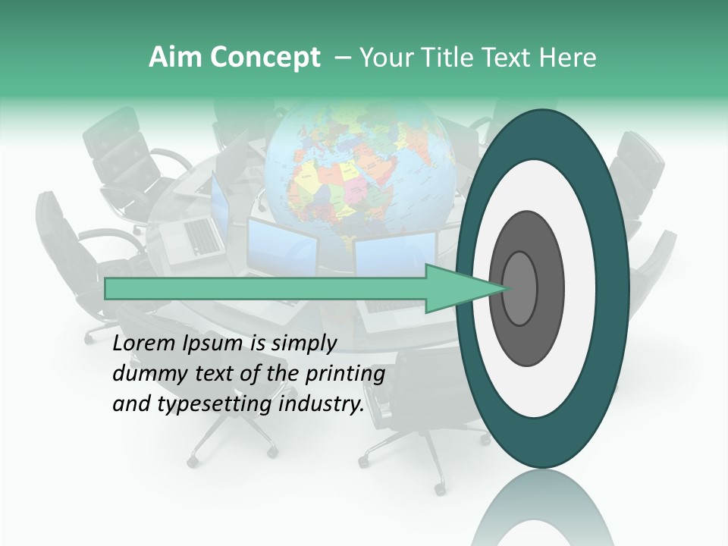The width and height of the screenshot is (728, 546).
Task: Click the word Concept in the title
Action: click(x=264, y=58)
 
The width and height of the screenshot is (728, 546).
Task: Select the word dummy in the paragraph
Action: click(x=145, y=374)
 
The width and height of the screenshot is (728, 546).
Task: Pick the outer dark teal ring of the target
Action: click(x=614, y=288)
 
